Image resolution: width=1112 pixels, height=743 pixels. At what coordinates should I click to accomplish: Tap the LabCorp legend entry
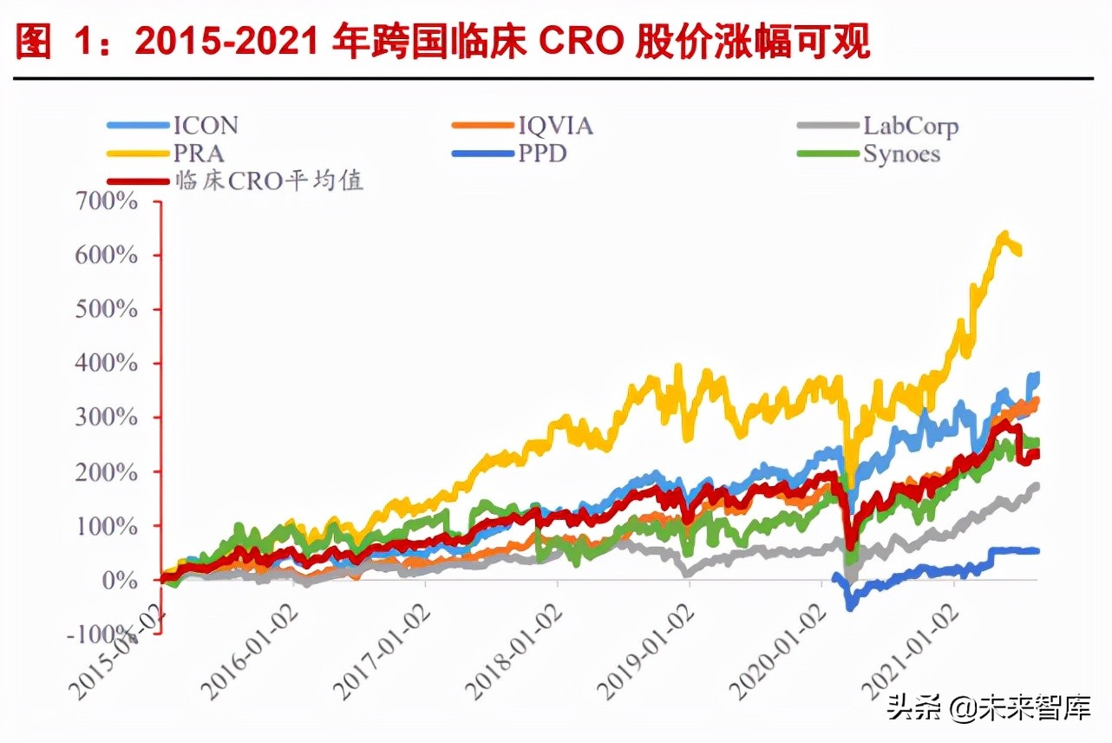(910, 128)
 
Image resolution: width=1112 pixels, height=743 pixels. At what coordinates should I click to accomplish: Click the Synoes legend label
(901, 155)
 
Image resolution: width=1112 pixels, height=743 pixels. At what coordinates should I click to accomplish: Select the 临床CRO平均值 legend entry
(268, 181)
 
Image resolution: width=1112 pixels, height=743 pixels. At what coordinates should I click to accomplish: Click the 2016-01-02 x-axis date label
(252, 650)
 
